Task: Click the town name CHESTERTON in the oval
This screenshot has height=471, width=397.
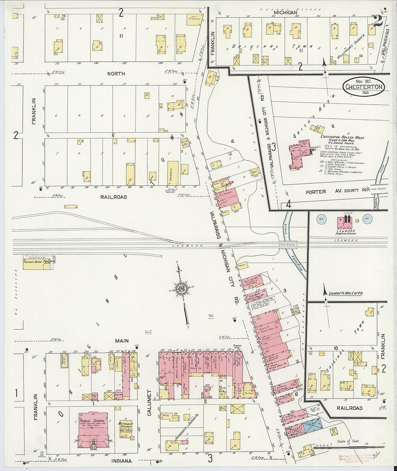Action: (364, 87)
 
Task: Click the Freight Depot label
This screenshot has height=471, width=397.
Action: (33, 262)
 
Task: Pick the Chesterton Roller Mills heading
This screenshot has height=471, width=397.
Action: (342, 138)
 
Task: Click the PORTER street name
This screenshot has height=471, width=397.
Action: (315, 192)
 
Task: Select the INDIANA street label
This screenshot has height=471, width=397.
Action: (122, 461)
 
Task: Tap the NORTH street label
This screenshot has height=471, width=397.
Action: (116, 74)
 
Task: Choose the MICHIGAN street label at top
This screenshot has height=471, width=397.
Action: (285, 13)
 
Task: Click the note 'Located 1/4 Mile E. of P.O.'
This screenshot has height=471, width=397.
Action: (345, 293)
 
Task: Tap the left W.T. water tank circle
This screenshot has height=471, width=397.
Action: (321, 218)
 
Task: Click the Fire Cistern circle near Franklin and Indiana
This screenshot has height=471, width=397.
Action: (42, 453)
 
